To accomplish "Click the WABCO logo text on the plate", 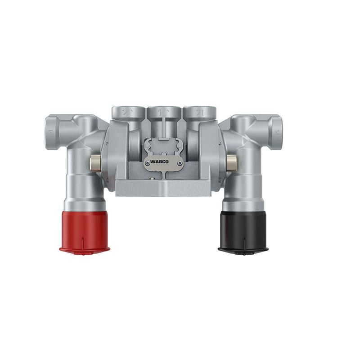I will pos(163,161).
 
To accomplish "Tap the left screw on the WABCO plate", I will pos(148,162).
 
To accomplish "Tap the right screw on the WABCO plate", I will pos(179,162).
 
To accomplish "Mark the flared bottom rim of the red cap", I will pos(84,248).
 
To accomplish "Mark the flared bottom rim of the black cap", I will pos(243,248).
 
